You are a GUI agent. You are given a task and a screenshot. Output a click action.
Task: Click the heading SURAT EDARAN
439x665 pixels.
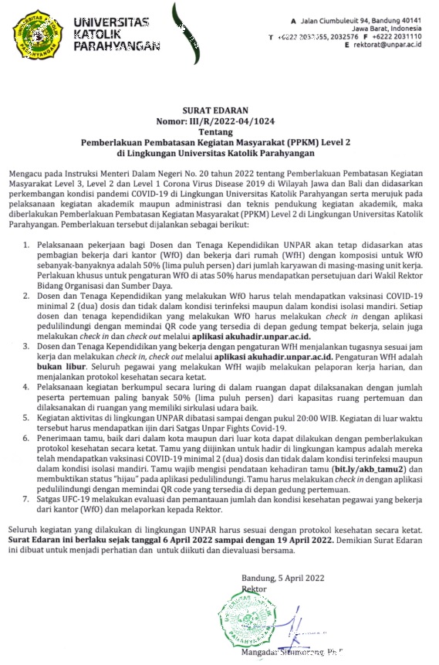coord(219,111)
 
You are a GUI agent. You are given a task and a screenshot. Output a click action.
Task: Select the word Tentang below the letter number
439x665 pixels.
coord(219,131)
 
